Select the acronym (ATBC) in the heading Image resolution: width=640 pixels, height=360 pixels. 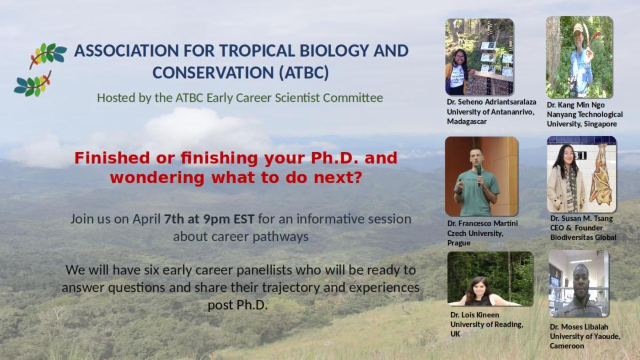(x=304, y=73)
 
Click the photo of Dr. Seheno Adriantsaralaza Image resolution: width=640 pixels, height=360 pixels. (x=479, y=57)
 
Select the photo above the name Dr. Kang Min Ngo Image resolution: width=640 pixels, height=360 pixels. (x=580, y=57)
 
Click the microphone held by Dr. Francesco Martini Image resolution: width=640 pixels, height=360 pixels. (x=479, y=175)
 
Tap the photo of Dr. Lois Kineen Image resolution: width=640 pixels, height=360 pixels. (x=490, y=279)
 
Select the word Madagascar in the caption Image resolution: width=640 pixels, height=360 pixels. (x=467, y=122)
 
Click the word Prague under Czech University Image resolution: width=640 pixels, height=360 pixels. (x=459, y=243)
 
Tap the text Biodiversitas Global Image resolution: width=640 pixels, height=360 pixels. (x=583, y=238)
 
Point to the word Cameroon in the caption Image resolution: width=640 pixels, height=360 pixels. (x=567, y=346)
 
